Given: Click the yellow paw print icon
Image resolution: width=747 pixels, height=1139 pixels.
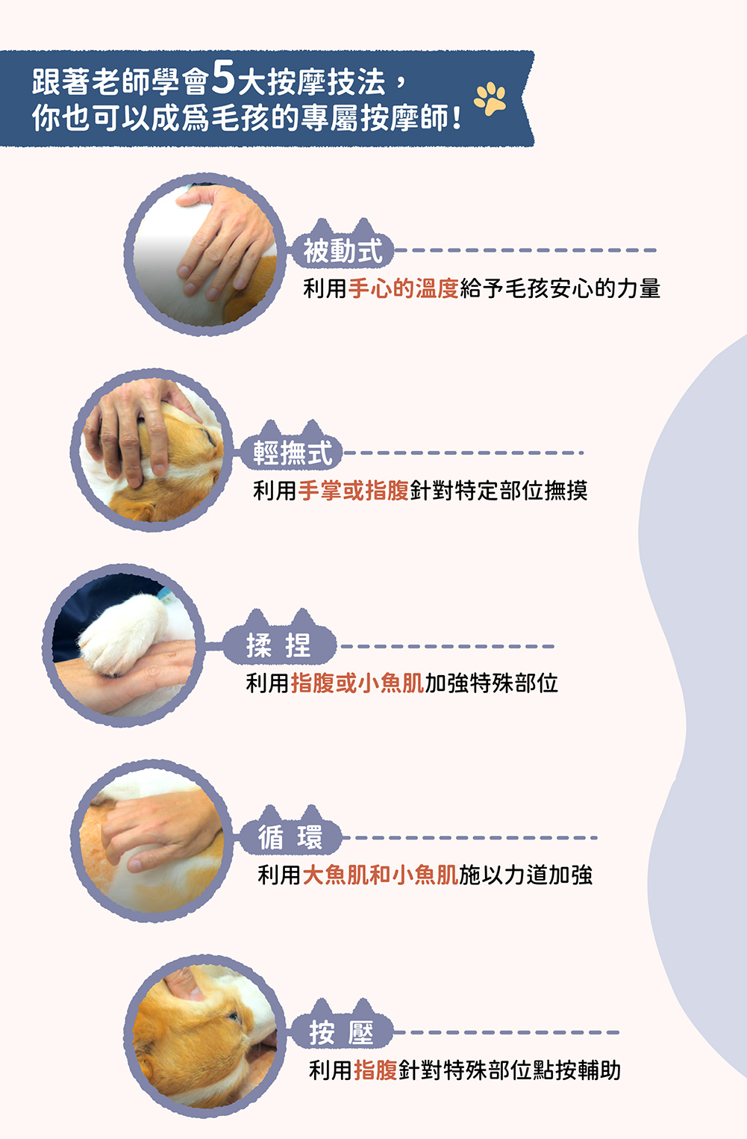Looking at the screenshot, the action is pos(490,98).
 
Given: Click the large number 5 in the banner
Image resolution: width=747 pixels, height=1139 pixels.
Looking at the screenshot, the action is pos(223,77).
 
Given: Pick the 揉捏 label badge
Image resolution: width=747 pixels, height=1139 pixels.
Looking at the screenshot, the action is pos(279,639).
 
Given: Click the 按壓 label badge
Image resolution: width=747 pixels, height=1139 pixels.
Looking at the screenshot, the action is pos(342,1027).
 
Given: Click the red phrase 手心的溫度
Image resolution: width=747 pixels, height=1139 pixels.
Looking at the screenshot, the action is pos(404,289).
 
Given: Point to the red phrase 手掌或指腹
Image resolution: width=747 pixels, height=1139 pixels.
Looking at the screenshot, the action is pos(353,491).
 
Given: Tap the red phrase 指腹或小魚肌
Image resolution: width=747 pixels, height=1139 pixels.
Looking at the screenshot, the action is pos(357,683).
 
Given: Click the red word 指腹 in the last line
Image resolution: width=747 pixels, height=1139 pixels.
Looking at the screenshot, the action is pos(375,1070).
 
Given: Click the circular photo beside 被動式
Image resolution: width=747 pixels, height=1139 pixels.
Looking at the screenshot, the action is pos(204,254).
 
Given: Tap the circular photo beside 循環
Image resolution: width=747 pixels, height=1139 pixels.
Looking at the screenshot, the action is pos(151,840).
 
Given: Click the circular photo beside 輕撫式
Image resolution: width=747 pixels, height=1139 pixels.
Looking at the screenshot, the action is pos(151,450).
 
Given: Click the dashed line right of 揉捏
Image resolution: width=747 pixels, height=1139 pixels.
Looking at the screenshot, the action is pos(447,646).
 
